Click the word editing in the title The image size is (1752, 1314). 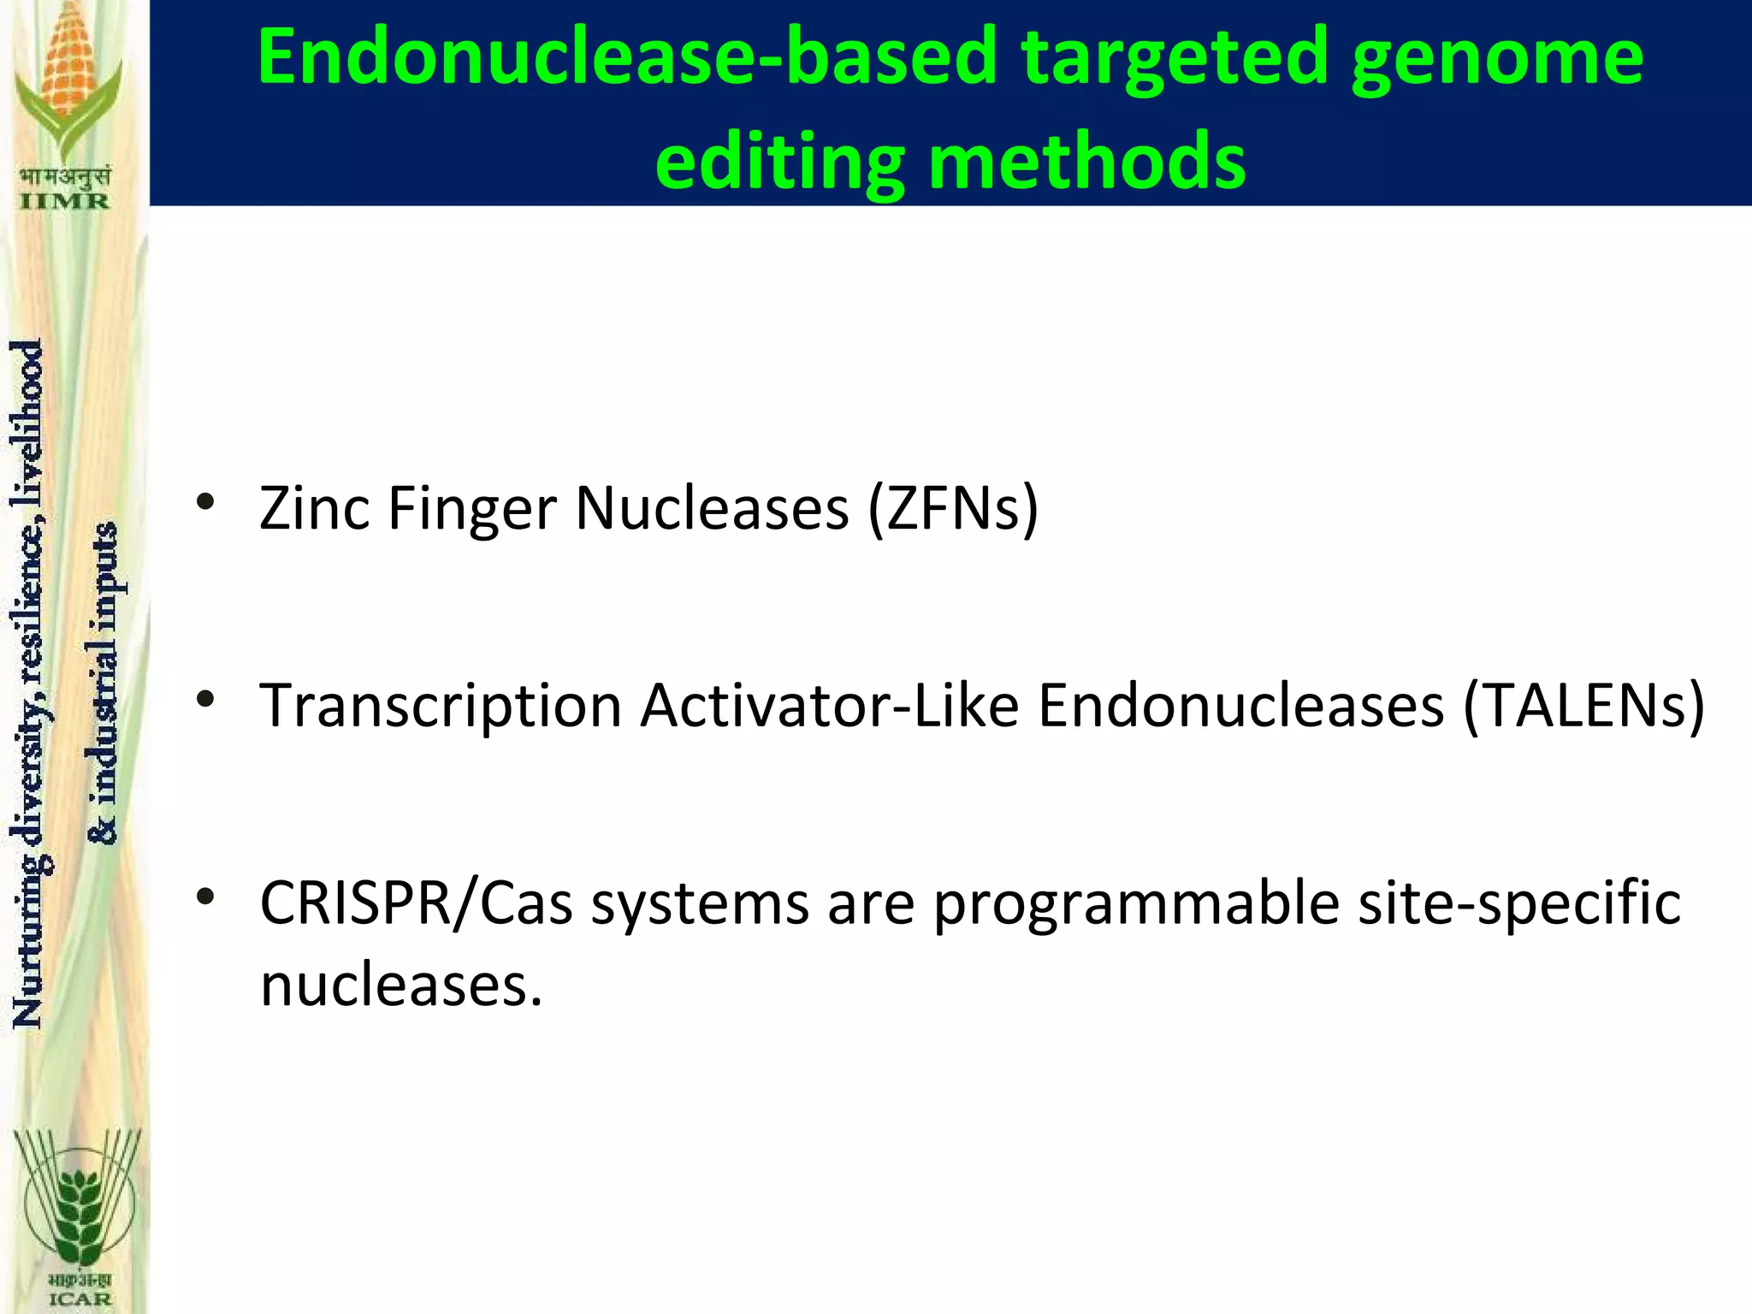[779, 163]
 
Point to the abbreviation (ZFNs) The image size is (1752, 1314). [953, 508]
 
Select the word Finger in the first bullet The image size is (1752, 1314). [473, 510]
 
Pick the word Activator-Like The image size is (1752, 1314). [830, 706]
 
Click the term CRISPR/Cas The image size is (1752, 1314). [416, 903]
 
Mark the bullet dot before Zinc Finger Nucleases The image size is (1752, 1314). [204, 502]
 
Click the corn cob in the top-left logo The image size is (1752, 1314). [69, 60]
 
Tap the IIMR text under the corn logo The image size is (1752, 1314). [64, 202]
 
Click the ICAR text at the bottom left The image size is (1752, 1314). [80, 1299]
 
